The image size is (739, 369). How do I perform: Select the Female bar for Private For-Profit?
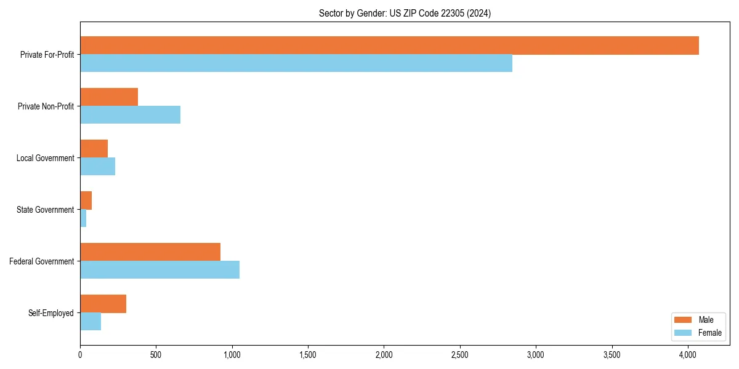[x=296, y=63]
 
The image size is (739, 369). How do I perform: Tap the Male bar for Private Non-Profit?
[x=109, y=97]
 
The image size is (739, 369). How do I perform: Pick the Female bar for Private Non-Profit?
[x=130, y=115]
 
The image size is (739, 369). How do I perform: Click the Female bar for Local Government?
[x=97, y=167]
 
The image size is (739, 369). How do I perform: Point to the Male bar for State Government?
[x=86, y=200]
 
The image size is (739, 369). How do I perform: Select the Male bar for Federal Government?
[x=150, y=252]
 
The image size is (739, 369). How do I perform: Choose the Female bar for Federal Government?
[x=160, y=270]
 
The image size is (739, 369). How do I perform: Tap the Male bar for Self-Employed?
[x=103, y=304]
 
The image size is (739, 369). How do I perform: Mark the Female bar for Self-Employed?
[x=91, y=322]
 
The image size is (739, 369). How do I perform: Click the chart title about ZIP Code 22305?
[x=405, y=13]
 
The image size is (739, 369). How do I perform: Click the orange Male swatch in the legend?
[x=683, y=320]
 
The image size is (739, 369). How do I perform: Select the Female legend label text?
[x=709, y=333]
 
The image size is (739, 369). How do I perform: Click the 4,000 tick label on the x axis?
[x=688, y=355]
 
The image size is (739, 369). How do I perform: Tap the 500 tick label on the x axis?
[x=156, y=355]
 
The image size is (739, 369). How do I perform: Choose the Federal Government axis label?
[x=42, y=261]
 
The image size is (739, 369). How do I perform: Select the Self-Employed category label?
[x=51, y=313]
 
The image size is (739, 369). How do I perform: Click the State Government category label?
[x=46, y=210]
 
